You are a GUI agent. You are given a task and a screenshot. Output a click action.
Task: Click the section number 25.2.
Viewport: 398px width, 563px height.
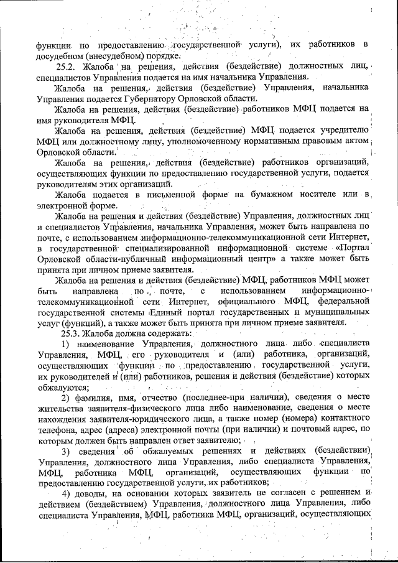click(67, 67)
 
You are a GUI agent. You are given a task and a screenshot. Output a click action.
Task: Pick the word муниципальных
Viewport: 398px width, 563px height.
click(339, 312)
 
